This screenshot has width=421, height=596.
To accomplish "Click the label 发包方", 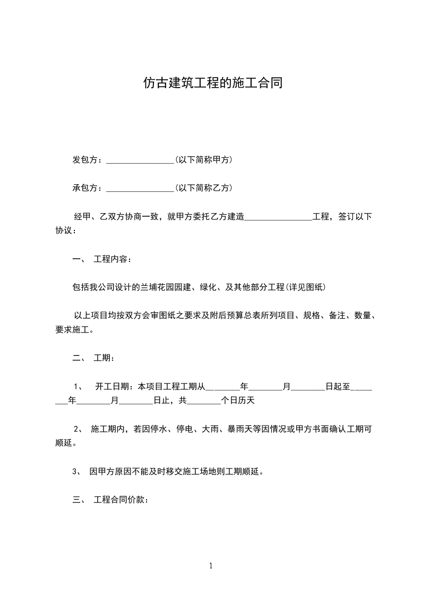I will click(85, 159).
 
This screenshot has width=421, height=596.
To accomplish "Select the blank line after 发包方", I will click(140, 161).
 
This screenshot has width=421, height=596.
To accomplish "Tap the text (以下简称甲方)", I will click(203, 159).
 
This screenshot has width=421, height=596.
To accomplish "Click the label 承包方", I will click(85, 188).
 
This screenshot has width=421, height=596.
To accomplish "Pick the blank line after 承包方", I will click(140, 189).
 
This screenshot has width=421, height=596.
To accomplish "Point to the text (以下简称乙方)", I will click(203, 188).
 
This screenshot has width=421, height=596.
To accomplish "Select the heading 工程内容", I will click(110, 259).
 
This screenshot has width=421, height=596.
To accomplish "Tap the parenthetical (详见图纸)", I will click(305, 287).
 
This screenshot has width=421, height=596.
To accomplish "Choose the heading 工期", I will click(101, 358).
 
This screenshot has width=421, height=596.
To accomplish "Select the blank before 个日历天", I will click(204, 402).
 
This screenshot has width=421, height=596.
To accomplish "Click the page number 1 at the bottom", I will click(211, 566).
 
